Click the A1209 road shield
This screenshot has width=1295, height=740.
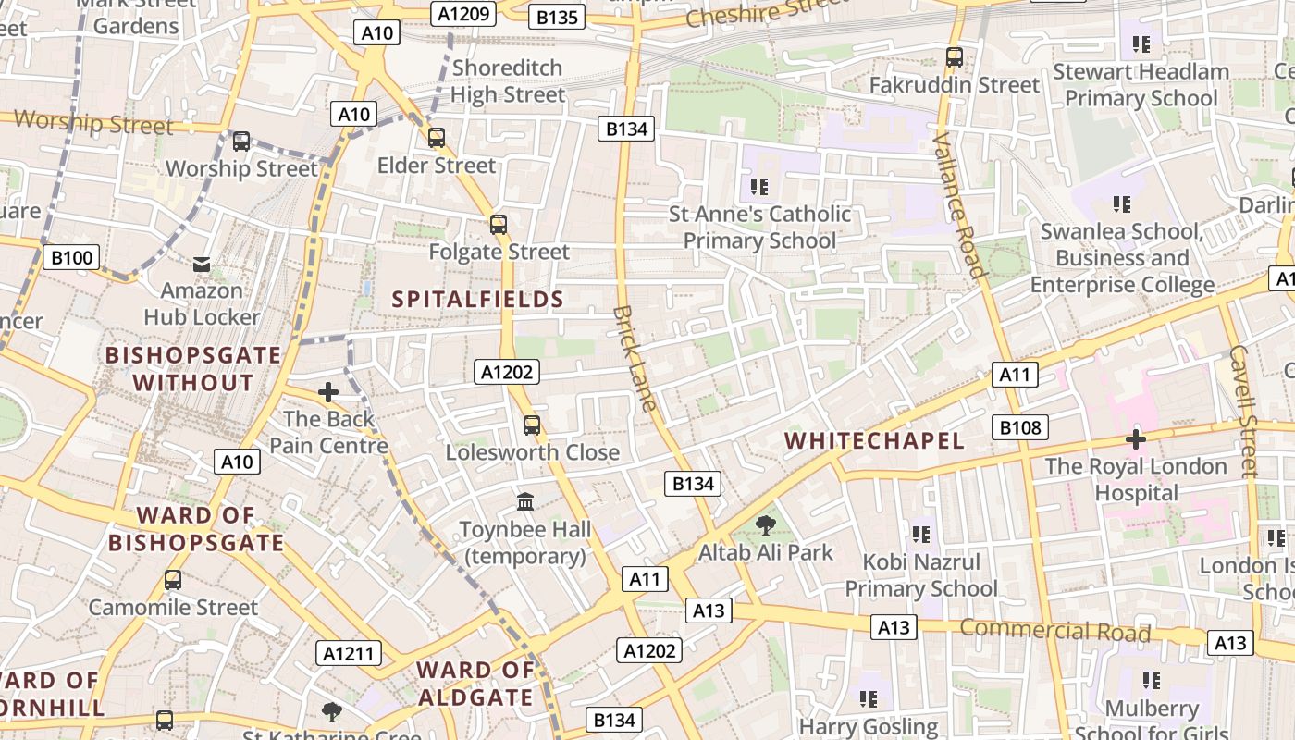(x=464, y=14)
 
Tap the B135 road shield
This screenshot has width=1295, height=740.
(x=557, y=17)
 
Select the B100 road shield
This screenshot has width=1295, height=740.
(x=71, y=257)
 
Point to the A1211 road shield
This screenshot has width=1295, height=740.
(x=349, y=653)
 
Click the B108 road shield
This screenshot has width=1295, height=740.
(x=1021, y=427)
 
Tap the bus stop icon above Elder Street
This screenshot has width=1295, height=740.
(x=437, y=138)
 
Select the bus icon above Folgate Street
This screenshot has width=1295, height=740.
(x=499, y=224)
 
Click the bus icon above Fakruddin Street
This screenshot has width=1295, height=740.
(x=955, y=57)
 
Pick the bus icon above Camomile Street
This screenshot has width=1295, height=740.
(x=173, y=580)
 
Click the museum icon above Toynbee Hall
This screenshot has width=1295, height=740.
(x=525, y=501)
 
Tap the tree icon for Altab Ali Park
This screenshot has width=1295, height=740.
(x=765, y=525)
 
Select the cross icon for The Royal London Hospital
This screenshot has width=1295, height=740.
(x=1136, y=438)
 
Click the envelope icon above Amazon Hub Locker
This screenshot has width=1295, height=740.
(x=202, y=265)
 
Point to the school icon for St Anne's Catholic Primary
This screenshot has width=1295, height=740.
(x=759, y=187)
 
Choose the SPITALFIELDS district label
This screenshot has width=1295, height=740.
(x=477, y=299)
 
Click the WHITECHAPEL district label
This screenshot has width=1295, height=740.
(x=874, y=440)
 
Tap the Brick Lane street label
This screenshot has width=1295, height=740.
(x=635, y=358)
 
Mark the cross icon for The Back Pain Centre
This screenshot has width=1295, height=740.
(x=328, y=392)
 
